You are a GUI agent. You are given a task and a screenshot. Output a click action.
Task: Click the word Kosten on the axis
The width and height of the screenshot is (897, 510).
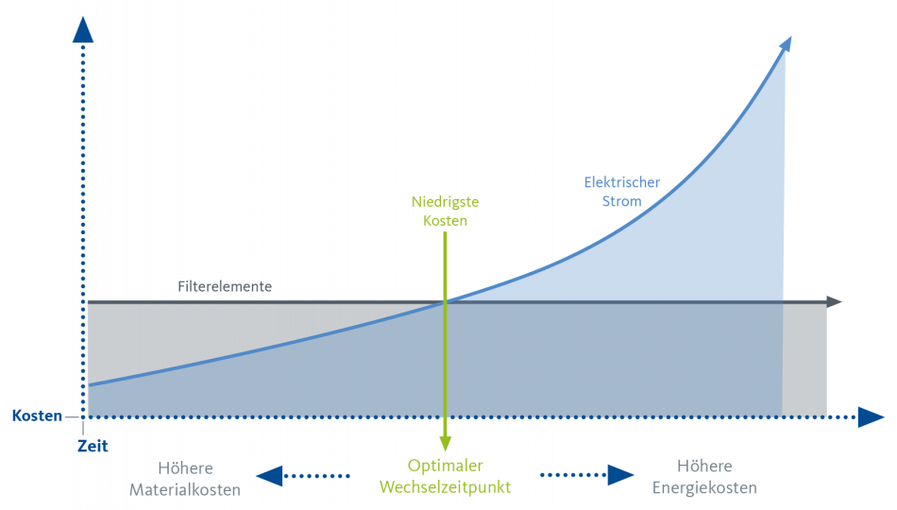pos(37,416)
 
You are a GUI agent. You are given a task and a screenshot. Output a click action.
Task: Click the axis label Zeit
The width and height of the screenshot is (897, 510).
pos(93,446)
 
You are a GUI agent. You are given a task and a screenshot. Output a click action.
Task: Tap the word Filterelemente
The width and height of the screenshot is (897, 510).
pos(225,286)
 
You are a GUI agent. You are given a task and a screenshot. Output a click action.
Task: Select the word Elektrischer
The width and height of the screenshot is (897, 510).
pos(622,182)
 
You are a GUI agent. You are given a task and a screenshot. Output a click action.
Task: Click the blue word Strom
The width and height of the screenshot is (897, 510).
pos(622,201)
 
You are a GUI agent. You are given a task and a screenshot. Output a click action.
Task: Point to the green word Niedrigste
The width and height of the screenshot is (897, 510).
pos(445,201)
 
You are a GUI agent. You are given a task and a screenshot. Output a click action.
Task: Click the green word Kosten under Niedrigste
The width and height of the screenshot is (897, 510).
pos(445,220)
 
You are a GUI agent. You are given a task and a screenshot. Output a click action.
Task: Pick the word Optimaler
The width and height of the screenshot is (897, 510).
pos(445,466)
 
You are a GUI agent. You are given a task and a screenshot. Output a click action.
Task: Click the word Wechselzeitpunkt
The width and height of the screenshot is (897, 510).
pos(445,487)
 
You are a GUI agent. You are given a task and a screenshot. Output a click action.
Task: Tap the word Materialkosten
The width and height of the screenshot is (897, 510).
pos(185,490)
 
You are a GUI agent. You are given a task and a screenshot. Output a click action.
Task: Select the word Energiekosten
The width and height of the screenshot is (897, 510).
pos(704,487)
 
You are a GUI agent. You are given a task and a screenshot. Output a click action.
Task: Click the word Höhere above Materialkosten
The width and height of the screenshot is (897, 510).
pos(185,468)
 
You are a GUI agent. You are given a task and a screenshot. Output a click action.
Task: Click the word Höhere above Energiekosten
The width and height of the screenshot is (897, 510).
pos(704,466)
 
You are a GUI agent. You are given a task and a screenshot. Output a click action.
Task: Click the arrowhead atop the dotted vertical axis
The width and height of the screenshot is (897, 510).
pos(83,30)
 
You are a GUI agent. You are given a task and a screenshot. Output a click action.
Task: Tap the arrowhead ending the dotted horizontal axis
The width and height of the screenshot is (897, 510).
pos(871,417)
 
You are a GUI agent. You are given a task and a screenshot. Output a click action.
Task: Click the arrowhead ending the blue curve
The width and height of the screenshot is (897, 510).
pos(786,44)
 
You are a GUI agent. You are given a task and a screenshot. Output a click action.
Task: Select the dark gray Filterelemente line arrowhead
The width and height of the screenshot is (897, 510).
pos(834,301)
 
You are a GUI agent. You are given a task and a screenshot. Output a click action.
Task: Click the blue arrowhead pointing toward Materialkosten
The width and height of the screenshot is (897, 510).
pos(269,476)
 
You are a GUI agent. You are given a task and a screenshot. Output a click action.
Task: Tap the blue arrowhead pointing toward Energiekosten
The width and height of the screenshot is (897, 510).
pos(620,474)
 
